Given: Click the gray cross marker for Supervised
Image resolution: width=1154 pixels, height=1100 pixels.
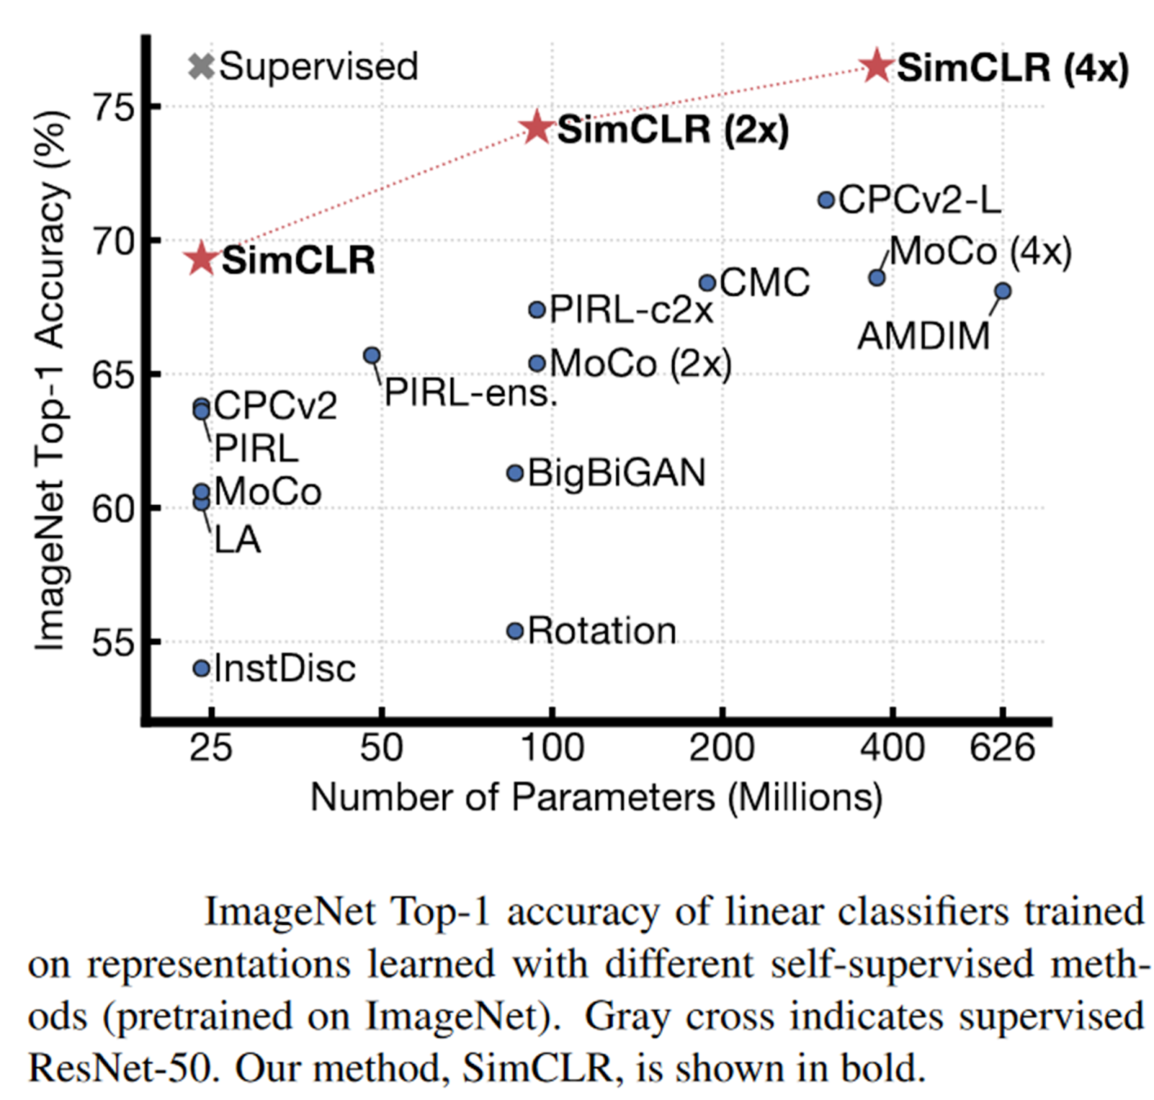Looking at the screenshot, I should [x=201, y=66].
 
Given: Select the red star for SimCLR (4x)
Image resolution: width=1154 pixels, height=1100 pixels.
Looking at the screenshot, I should [x=877, y=66].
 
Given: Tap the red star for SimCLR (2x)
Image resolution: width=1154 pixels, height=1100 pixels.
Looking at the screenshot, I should [x=537, y=128].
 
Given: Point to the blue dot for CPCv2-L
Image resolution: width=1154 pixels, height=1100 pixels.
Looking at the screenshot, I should [x=827, y=200].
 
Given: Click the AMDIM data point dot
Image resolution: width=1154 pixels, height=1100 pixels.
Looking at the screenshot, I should [x=1003, y=291].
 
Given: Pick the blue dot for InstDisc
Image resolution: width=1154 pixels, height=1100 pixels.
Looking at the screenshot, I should [x=201, y=669].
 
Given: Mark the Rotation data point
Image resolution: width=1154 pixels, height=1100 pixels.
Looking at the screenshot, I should [x=515, y=631].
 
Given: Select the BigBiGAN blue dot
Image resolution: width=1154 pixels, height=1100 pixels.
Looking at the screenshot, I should [x=515, y=473].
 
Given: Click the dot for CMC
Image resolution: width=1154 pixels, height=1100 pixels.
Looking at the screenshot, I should [x=708, y=283].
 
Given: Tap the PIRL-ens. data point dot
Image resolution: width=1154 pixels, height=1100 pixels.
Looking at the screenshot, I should [x=372, y=355].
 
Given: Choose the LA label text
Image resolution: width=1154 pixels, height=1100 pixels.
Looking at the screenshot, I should [x=237, y=540].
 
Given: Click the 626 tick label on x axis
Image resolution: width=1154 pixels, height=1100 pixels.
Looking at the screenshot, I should [x=1002, y=748].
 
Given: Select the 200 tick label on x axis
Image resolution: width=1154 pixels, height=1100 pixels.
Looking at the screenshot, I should [x=722, y=748].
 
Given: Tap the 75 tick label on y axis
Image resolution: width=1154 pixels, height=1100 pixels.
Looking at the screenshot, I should [x=114, y=108].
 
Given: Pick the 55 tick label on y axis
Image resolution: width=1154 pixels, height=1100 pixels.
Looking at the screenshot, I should [x=114, y=641].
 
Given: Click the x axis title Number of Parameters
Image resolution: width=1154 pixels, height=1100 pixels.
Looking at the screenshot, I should [x=596, y=798].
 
